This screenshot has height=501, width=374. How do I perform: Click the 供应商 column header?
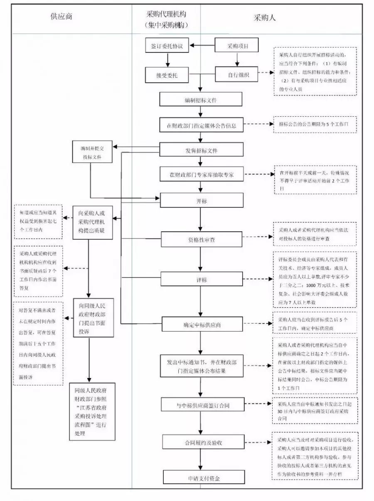pos(61,17)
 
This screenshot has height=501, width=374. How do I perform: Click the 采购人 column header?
pos(265,18)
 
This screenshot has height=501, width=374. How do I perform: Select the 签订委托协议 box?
pos(167,46)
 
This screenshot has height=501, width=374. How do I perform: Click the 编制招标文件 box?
pos(201,100)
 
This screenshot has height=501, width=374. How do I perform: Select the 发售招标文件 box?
pos(201,150)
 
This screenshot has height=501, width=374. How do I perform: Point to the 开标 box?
pos(201,201)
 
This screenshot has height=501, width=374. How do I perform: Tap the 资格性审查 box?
pos(201,240)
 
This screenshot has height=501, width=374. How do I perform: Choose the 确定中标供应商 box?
pos(201,324)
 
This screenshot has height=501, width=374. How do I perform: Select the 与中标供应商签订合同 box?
pos(201,405)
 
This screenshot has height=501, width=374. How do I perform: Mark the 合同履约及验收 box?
pos(201,442)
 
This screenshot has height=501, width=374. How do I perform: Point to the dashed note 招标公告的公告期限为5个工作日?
pos(315,125)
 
